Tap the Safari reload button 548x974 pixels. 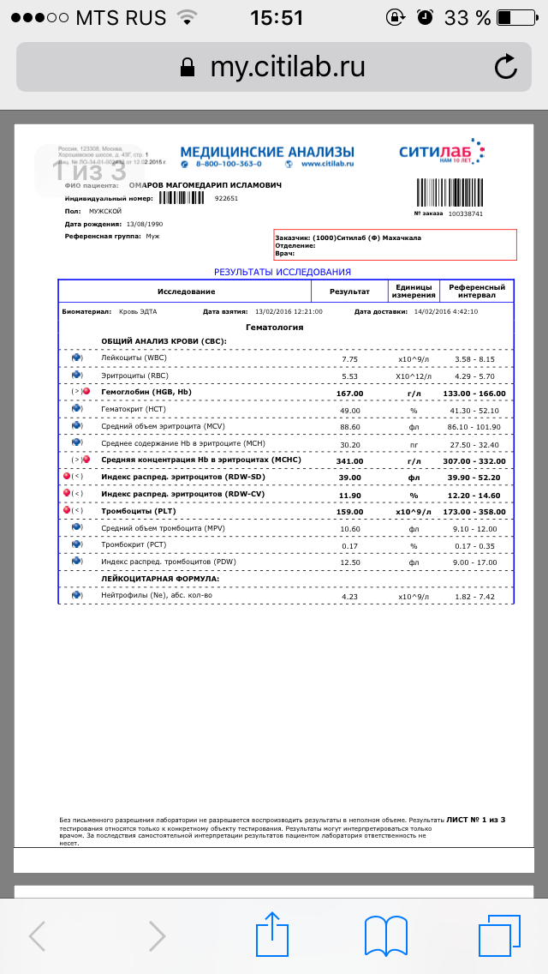(505, 67)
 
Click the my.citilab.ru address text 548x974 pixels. (288, 67)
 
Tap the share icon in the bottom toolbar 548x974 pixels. (273, 934)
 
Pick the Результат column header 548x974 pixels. (349, 292)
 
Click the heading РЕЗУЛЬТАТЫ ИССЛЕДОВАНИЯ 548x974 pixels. (283, 272)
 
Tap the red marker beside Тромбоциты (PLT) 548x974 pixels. (68, 511)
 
